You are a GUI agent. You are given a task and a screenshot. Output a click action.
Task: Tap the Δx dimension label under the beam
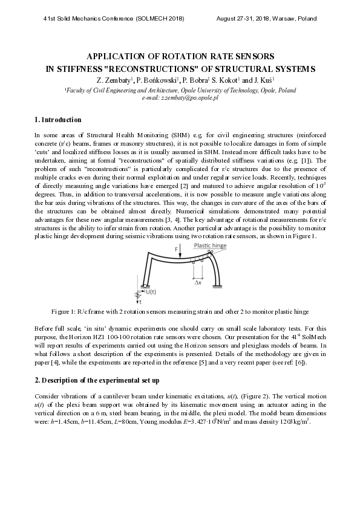[x=197, y=282]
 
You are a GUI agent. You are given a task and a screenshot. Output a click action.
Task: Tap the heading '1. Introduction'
[x=57, y=120]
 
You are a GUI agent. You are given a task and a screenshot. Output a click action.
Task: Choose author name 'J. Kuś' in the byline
[x=264, y=80]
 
